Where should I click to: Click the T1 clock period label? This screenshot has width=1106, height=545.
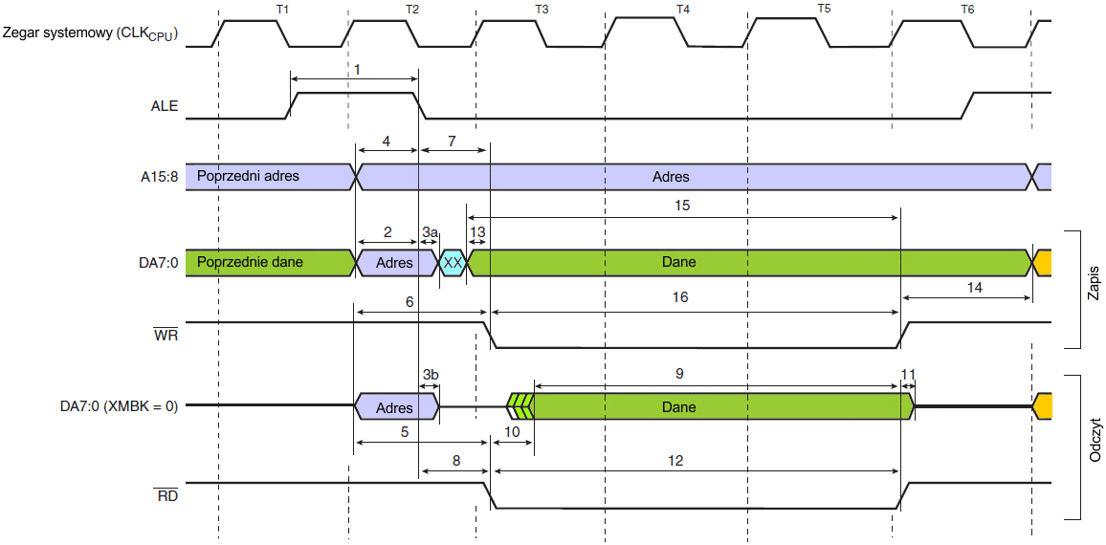pos(281,9)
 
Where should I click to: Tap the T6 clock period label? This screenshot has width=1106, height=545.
pos(967,9)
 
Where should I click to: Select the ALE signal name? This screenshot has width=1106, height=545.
pos(164,107)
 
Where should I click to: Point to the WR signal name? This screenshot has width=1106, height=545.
pos(166,336)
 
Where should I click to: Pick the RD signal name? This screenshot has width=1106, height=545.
pos(166,496)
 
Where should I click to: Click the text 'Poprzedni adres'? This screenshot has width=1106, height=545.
pos(248,176)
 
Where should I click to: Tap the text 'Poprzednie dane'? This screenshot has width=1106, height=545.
pos(250,261)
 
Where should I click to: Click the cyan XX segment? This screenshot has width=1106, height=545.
pos(453,262)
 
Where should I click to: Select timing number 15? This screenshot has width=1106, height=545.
pos(682,205)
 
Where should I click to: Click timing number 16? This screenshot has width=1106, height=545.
pos(680,297)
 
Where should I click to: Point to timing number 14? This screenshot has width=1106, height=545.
pos(974,286)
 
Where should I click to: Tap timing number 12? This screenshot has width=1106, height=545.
pos(675,460)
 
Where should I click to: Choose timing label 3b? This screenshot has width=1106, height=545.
pos(430,374)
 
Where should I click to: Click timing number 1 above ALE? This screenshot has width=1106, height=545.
pos(357,70)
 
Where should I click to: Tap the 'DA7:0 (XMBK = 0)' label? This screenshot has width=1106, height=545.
pos(114,406)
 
